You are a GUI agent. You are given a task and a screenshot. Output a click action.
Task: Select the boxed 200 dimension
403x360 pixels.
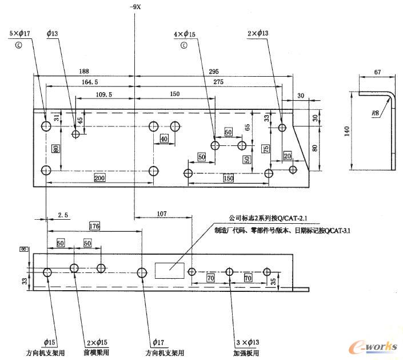tap(99, 179)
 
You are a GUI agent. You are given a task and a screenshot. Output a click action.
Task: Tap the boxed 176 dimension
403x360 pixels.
tap(95, 227)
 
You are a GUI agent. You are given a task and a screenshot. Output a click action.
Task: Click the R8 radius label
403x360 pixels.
tap(375, 114)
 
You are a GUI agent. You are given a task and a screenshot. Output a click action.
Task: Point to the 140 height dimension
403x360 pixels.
tap(347, 131)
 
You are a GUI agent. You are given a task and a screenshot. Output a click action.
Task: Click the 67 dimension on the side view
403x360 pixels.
tap(378, 73)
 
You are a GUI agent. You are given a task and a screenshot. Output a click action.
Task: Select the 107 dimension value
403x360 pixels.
tap(161, 214)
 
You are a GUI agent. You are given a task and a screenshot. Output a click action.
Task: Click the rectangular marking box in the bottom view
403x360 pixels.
tap(167, 269)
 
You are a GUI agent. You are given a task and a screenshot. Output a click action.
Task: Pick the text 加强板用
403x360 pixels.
tap(246, 353)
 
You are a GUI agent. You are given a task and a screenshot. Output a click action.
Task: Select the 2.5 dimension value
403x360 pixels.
tap(63, 215)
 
